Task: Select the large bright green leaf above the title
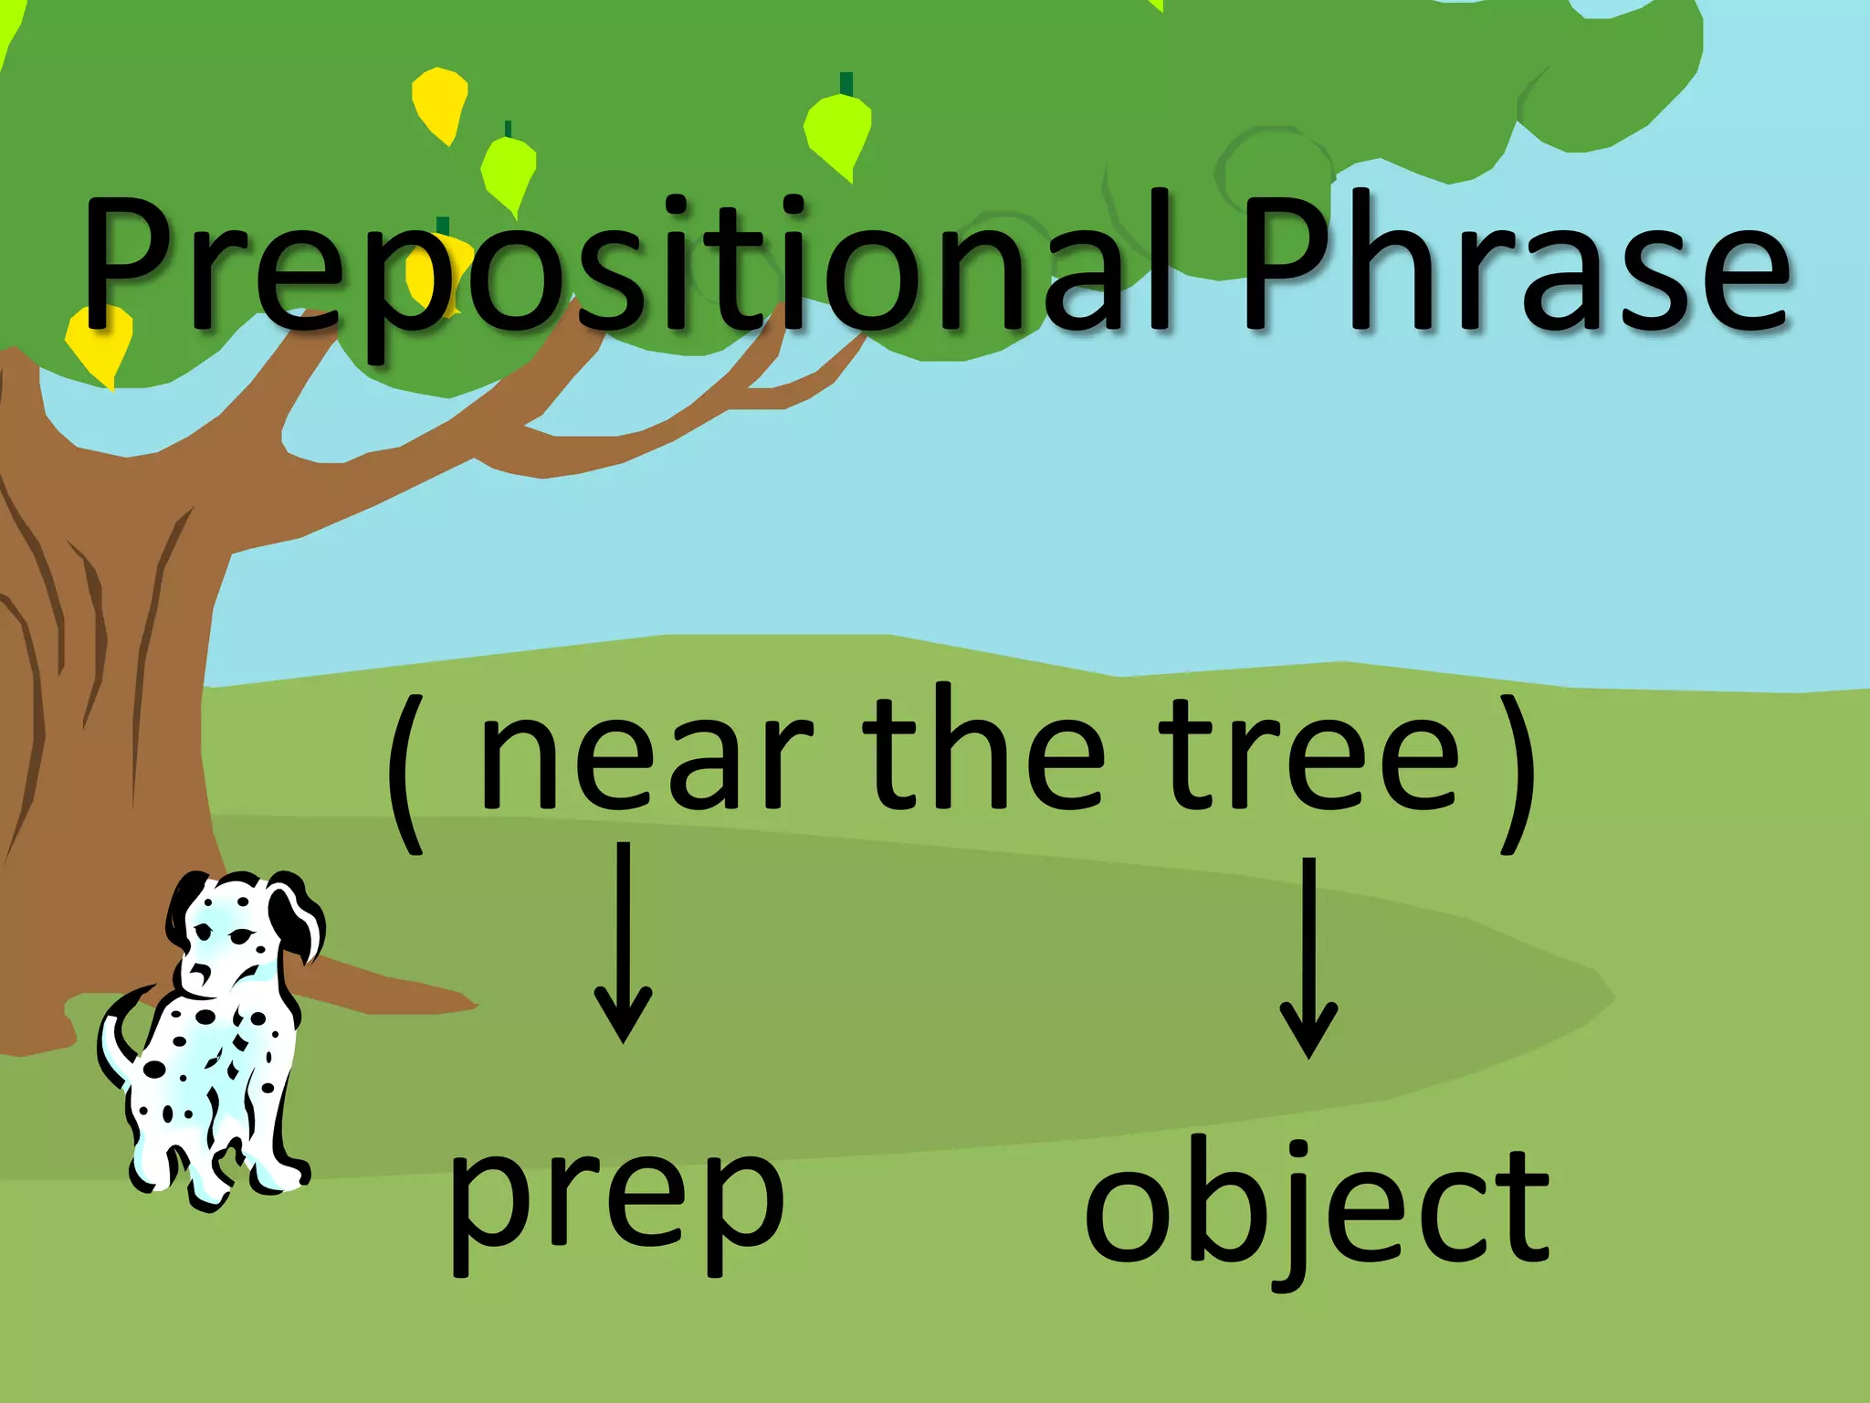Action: pyautogui.click(x=839, y=133)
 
